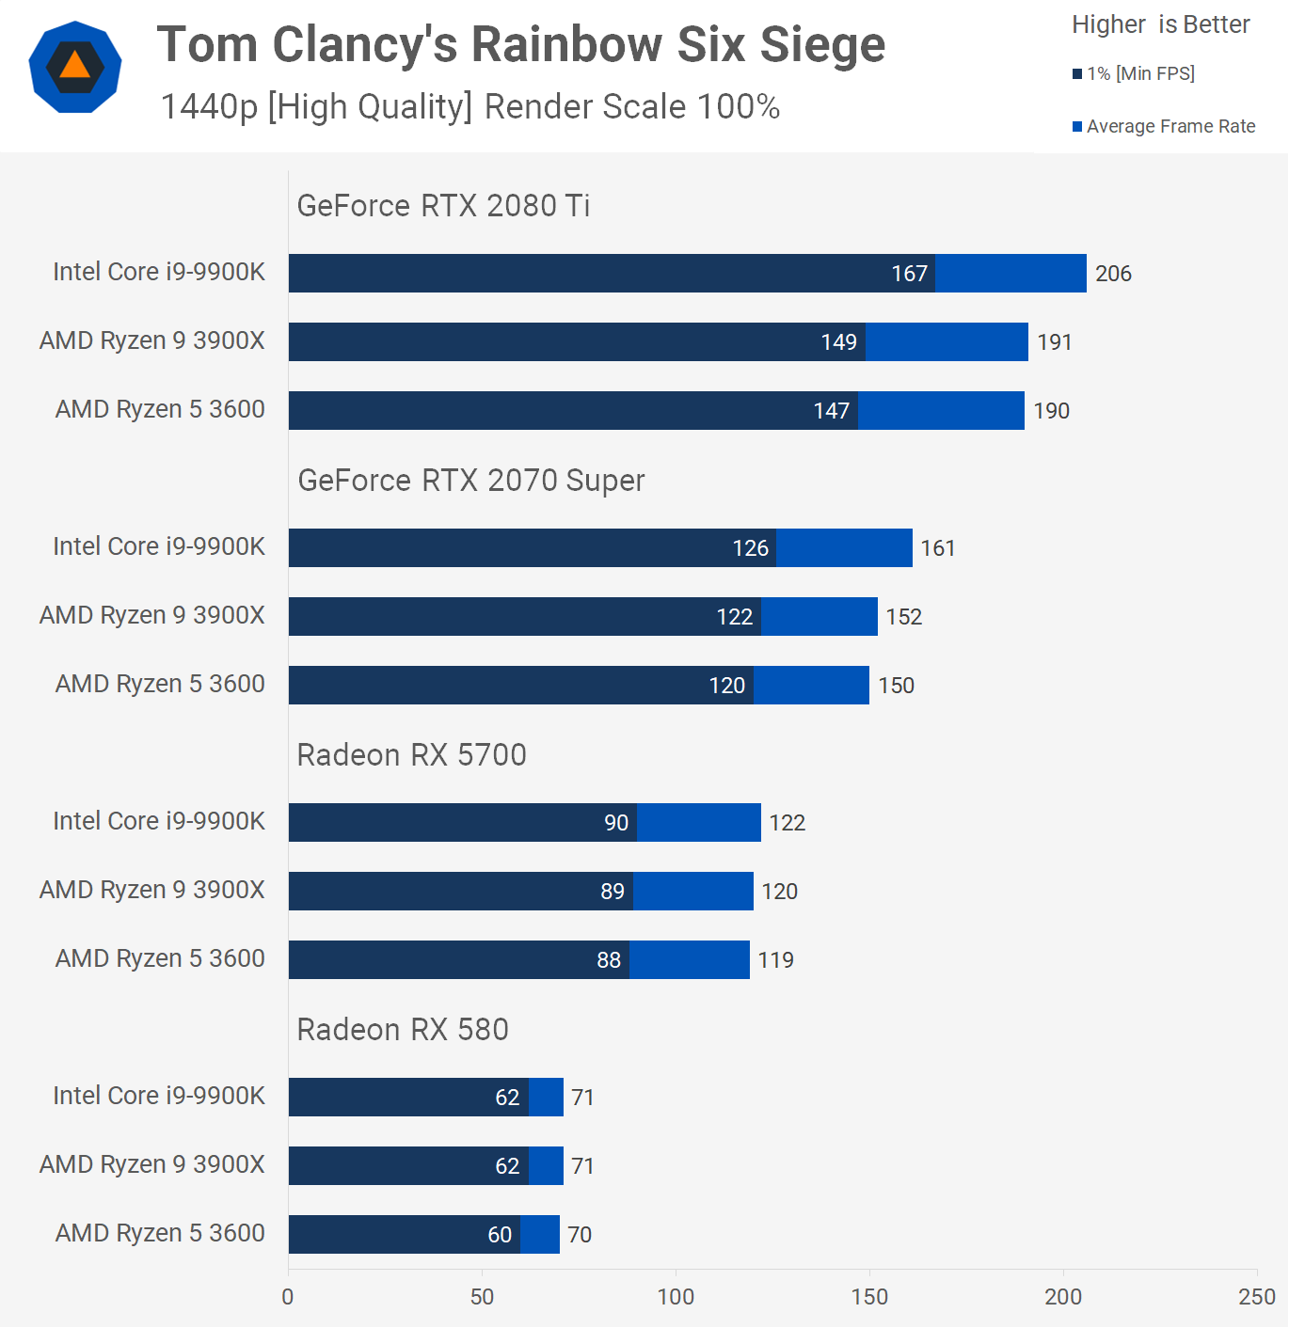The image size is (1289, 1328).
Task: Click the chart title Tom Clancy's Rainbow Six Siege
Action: tap(520, 45)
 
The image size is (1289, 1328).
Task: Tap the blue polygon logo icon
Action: tap(75, 67)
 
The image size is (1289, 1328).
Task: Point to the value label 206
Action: tap(1113, 274)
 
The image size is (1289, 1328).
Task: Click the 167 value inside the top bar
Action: tap(909, 274)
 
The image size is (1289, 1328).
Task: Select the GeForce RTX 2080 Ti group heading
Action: tap(443, 206)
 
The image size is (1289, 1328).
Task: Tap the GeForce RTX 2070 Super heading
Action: tap(470, 481)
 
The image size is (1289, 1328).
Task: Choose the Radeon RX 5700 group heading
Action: tap(411, 755)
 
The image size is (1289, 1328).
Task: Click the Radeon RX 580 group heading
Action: tap(403, 1030)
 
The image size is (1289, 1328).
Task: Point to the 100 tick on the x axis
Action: tap(676, 1297)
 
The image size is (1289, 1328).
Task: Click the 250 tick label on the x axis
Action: tap(1256, 1297)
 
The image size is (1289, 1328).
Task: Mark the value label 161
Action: tap(937, 548)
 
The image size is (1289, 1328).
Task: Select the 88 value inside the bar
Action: tap(609, 960)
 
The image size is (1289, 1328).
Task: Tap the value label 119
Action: tap(775, 960)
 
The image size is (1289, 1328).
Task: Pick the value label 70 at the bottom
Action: tap(580, 1235)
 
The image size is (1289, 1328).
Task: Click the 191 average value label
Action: tap(1055, 342)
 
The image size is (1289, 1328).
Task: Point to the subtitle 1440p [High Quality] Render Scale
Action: tap(469, 107)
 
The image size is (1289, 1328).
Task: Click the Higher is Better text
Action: tap(1160, 24)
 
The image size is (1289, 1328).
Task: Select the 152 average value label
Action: tap(903, 617)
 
